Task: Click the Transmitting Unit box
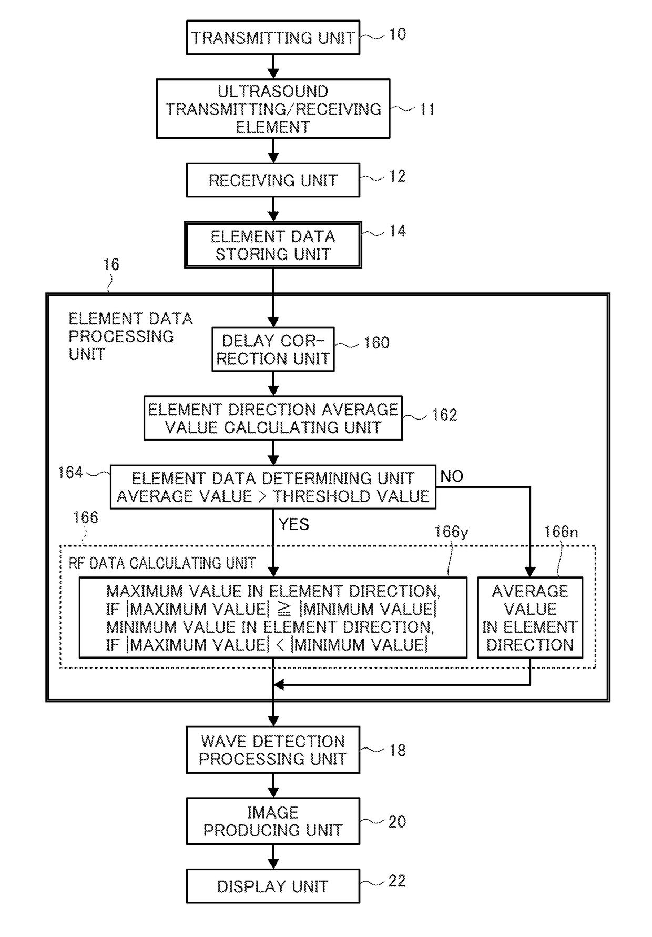pos(273,37)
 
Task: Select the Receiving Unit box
pos(273,180)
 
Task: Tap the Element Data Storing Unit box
pos(273,245)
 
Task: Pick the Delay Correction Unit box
pos(273,350)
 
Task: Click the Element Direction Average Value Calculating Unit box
pos(273,418)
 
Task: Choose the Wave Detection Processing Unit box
pos(273,750)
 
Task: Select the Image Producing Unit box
pos(273,821)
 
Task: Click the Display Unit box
pos(273,886)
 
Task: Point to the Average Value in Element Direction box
pos(530,617)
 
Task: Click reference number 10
pos(398,35)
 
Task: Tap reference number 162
pos(444,415)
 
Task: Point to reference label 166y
pos(451,532)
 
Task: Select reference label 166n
pos(561,532)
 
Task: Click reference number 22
pos(397,881)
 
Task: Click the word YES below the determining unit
pos(293,524)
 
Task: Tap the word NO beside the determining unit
pos(452,476)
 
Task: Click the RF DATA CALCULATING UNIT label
pos(162,563)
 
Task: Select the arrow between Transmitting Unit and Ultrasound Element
pos(273,67)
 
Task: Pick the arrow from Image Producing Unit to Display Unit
pos(273,857)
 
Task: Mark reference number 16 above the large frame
pos(111,264)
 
